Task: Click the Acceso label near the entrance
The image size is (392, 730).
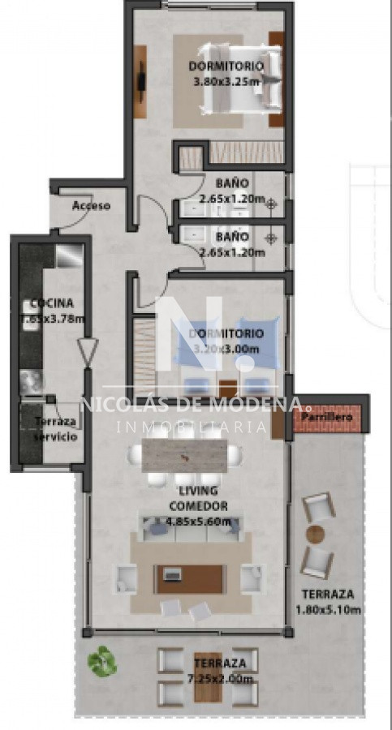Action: [x=91, y=205]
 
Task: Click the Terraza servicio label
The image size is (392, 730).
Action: [x=56, y=429]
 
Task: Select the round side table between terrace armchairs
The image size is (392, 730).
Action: [x=315, y=535]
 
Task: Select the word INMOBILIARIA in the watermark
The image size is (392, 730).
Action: [x=192, y=426]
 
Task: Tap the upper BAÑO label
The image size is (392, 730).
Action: [x=232, y=183]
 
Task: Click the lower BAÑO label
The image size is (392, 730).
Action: [x=232, y=237]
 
